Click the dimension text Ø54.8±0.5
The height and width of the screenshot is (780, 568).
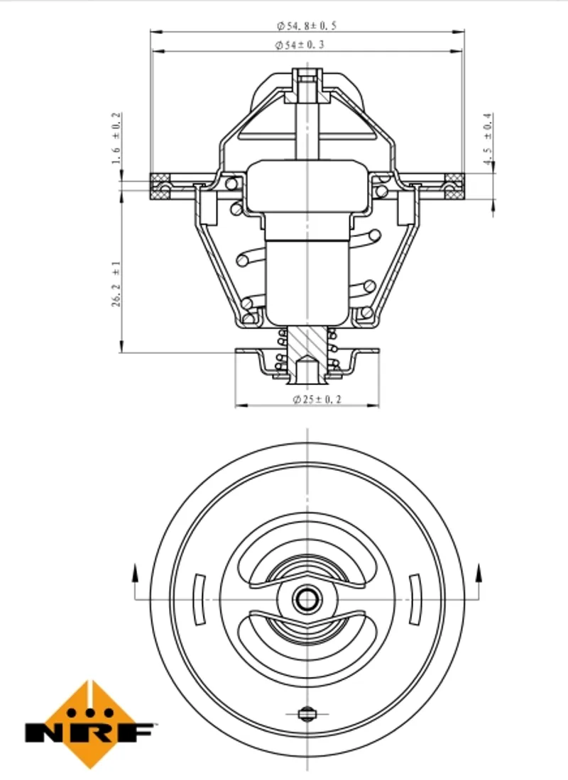pyautogui.click(x=307, y=26)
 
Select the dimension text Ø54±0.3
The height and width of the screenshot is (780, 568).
pyautogui.click(x=300, y=45)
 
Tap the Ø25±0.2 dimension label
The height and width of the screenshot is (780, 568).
pyautogui.click(x=317, y=399)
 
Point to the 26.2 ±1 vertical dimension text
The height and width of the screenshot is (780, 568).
pyautogui.click(x=116, y=284)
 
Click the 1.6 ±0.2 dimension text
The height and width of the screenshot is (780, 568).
pyautogui.click(x=116, y=138)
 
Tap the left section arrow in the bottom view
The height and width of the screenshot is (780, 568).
pyautogui.click(x=134, y=581)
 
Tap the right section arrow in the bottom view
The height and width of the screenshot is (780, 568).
pyautogui.click(x=479, y=581)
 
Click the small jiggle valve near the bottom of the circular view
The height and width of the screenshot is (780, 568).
pyautogui.click(x=307, y=714)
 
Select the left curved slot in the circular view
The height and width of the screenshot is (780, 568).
pyautogui.click(x=200, y=600)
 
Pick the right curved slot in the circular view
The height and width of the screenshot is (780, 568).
pyautogui.click(x=415, y=600)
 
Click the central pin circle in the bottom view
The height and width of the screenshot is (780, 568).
pyautogui.click(x=307, y=599)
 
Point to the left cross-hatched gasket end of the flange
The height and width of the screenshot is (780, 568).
pyautogui.click(x=160, y=186)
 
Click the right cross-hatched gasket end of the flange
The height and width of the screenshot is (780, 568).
pyautogui.click(x=454, y=186)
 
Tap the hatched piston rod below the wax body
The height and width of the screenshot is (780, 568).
pyautogui.click(x=307, y=349)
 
